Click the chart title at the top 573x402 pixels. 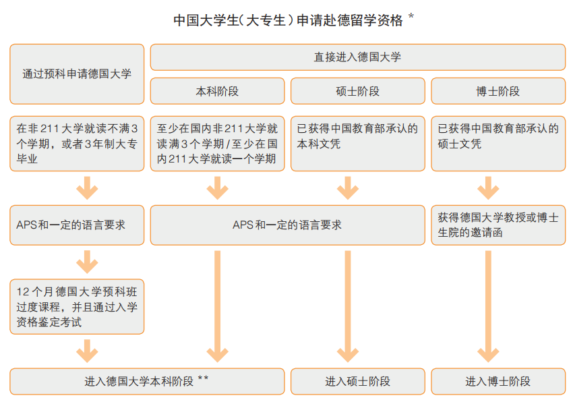pyautogui.click(x=288, y=20)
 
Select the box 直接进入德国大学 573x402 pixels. pyautogui.click(x=358, y=57)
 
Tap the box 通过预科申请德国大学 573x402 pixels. pyautogui.click(x=77, y=74)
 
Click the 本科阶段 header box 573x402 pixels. pyautogui.click(x=218, y=91)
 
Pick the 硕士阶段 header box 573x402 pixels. pyautogui.click(x=358, y=91)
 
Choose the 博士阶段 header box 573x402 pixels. pyautogui.click(x=498, y=91)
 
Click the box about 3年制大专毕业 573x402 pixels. pyautogui.click(x=77, y=144)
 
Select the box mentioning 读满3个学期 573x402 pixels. pyautogui.click(x=218, y=144)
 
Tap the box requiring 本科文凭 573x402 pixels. pyautogui.click(x=358, y=144)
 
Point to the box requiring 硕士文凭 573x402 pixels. pyautogui.click(x=498, y=144)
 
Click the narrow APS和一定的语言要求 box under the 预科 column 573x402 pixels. pyautogui.click(x=77, y=225)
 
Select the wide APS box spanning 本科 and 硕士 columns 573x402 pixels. pyautogui.click(x=288, y=225)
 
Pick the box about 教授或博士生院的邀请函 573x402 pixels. pyautogui.click(x=498, y=225)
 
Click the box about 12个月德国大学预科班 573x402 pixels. pyautogui.click(x=77, y=306)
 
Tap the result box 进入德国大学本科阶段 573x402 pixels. pyautogui.click(x=147, y=382)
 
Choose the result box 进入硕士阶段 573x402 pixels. pyautogui.click(x=358, y=382)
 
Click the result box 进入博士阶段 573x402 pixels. pyautogui.click(x=498, y=382)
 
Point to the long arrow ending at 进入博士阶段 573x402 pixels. pyautogui.click(x=488, y=306)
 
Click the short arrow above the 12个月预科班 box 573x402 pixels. pyautogui.click(x=87, y=262)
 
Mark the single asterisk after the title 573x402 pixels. pyautogui.click(x=411, y=16)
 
